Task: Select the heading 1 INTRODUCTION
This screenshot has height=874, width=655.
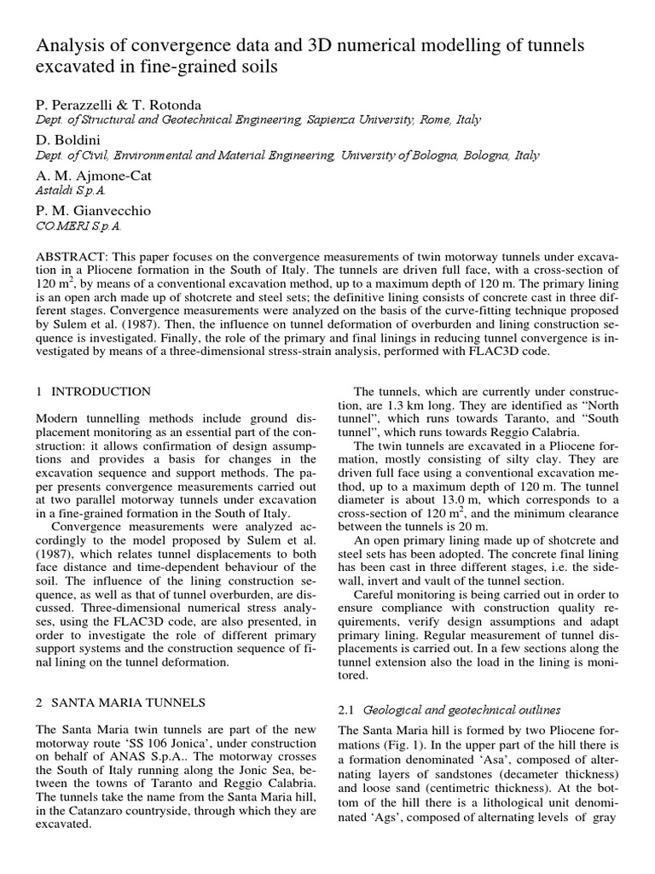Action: (x=93, y=392)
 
